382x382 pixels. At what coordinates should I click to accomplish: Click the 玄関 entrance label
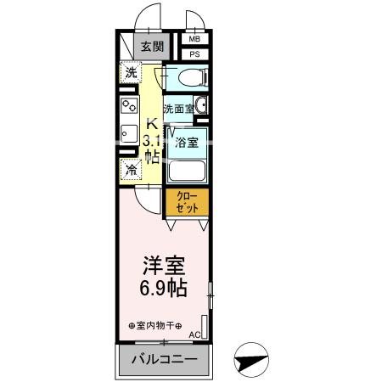click(153, 47)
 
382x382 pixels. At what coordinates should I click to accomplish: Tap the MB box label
click(194, 40)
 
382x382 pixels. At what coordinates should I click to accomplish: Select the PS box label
click(194, 54)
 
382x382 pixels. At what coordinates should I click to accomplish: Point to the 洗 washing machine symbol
click(130, 73)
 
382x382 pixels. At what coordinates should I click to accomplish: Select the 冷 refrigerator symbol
click(130, 169)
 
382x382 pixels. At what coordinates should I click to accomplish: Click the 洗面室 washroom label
click(177, 109)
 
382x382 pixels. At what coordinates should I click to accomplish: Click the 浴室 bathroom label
click(187, 143)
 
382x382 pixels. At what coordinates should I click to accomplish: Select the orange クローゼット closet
click(187, 203)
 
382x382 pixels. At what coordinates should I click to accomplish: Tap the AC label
click(194, 334)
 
